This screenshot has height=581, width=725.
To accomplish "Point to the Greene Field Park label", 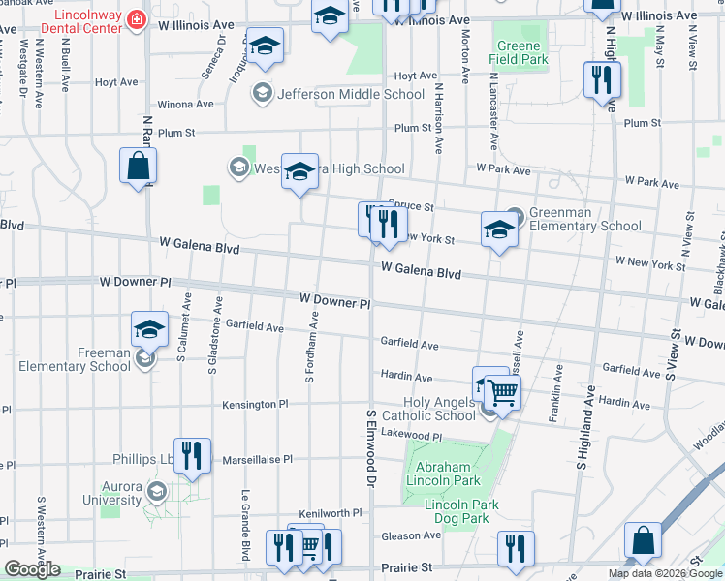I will (x=521, y=52).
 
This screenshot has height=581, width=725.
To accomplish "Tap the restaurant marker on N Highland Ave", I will (x=602, y=79).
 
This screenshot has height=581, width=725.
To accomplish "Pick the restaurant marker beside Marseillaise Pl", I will (x=192, y=455).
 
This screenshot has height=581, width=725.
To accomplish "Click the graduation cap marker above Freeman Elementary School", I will (x=149, y=329).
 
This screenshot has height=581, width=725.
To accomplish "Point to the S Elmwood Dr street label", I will (x=370, y=446).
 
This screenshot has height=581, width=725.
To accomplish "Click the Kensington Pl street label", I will (x=256, y=404).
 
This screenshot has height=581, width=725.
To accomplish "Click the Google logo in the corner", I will (x=32, y=569).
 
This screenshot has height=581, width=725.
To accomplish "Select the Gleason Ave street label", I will (x=411, y=535).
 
